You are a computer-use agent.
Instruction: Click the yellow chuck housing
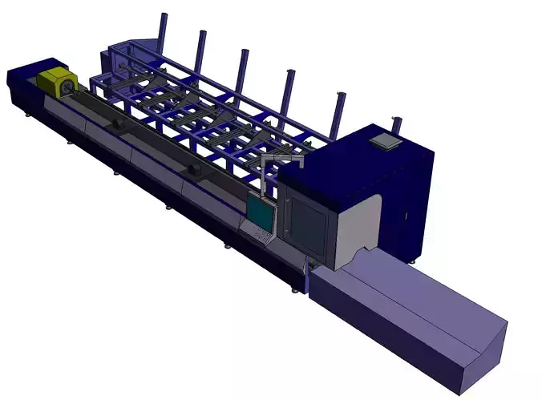pyautogui.click(x=54, y=81)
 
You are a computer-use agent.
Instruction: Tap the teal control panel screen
pyautogui.click(x=260, y=211)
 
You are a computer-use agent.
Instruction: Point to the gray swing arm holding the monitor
pyautogui.click(x=281, y=163)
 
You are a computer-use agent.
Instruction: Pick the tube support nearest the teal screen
pyautogui.click(x=192, y=169)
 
